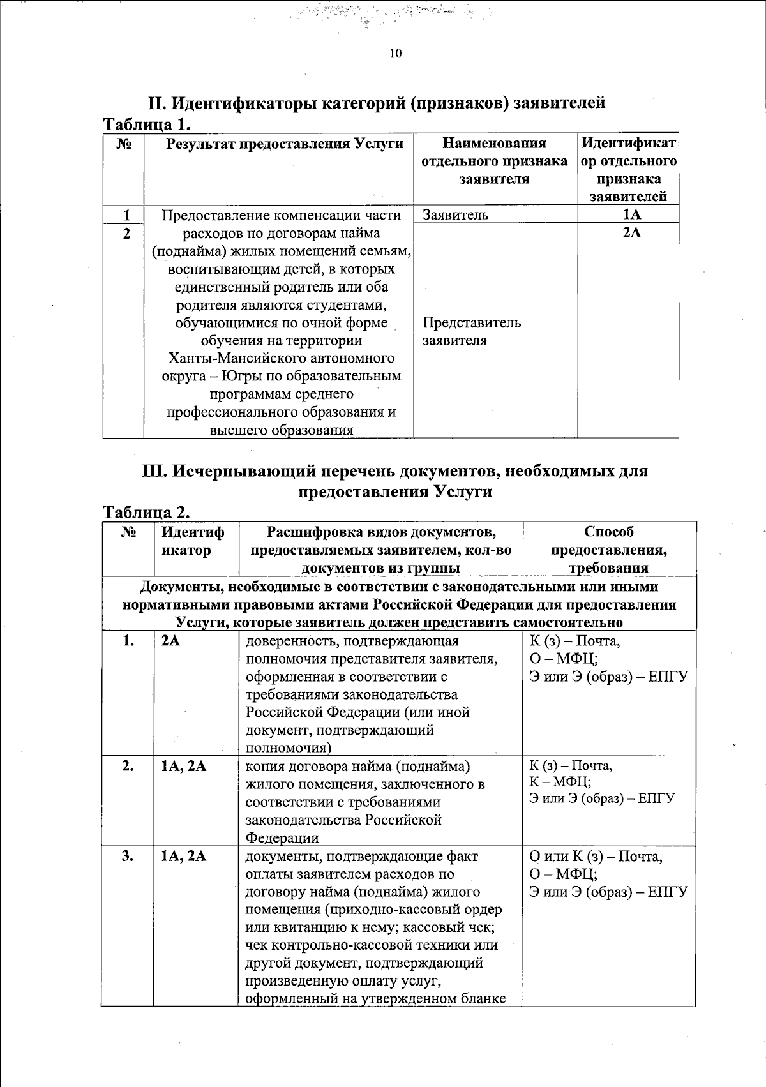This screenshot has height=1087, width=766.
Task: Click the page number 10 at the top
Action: point(395,54)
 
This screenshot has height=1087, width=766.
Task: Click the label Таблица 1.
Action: point(147,124)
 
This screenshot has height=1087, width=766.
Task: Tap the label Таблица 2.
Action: point(147,513)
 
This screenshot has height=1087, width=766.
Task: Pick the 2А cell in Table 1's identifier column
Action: point(631,233)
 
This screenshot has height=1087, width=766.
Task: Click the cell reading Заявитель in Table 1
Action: point(455,215)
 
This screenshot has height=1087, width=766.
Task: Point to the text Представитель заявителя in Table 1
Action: point(471,331)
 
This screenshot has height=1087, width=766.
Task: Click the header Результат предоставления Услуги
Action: point(285,144)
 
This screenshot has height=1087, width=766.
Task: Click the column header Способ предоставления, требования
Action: point(608,550)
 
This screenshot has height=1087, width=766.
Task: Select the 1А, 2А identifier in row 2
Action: point(184,767)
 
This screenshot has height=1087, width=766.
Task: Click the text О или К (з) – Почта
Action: point(596,856)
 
